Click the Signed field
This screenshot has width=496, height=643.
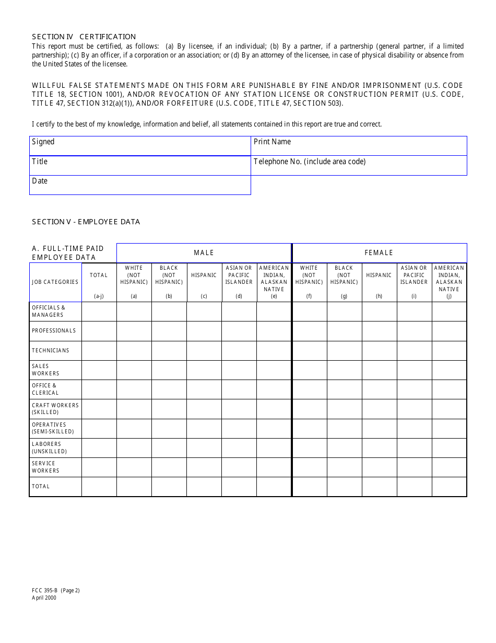point(140,146)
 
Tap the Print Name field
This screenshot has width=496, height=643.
point(359,146)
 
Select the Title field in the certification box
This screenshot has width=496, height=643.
point(140,166)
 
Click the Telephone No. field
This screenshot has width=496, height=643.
point(359,166)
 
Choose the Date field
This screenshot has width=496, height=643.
point(140,185)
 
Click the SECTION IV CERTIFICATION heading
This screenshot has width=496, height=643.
point(84,37)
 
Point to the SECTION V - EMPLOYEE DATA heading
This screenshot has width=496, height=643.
point(86,222)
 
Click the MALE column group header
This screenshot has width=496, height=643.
point(204,252)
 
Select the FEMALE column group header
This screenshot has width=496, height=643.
point(379,252)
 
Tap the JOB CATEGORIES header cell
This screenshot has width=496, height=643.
point(55,282)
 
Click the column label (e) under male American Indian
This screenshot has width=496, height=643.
point(274,296)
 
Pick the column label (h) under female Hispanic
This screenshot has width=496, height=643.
point(379,296)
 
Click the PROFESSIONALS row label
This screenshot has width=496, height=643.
point(54,330)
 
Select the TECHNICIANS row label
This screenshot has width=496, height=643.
point(51,350)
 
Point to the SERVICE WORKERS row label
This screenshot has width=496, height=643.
point(46,467)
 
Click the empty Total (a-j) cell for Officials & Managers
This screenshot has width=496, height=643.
point(99,312)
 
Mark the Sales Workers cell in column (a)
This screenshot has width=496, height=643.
point(134,370)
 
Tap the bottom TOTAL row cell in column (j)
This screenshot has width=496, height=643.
point(449,486)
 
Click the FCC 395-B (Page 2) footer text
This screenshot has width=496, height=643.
point(56,591)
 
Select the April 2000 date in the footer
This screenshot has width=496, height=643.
point(44,598)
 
